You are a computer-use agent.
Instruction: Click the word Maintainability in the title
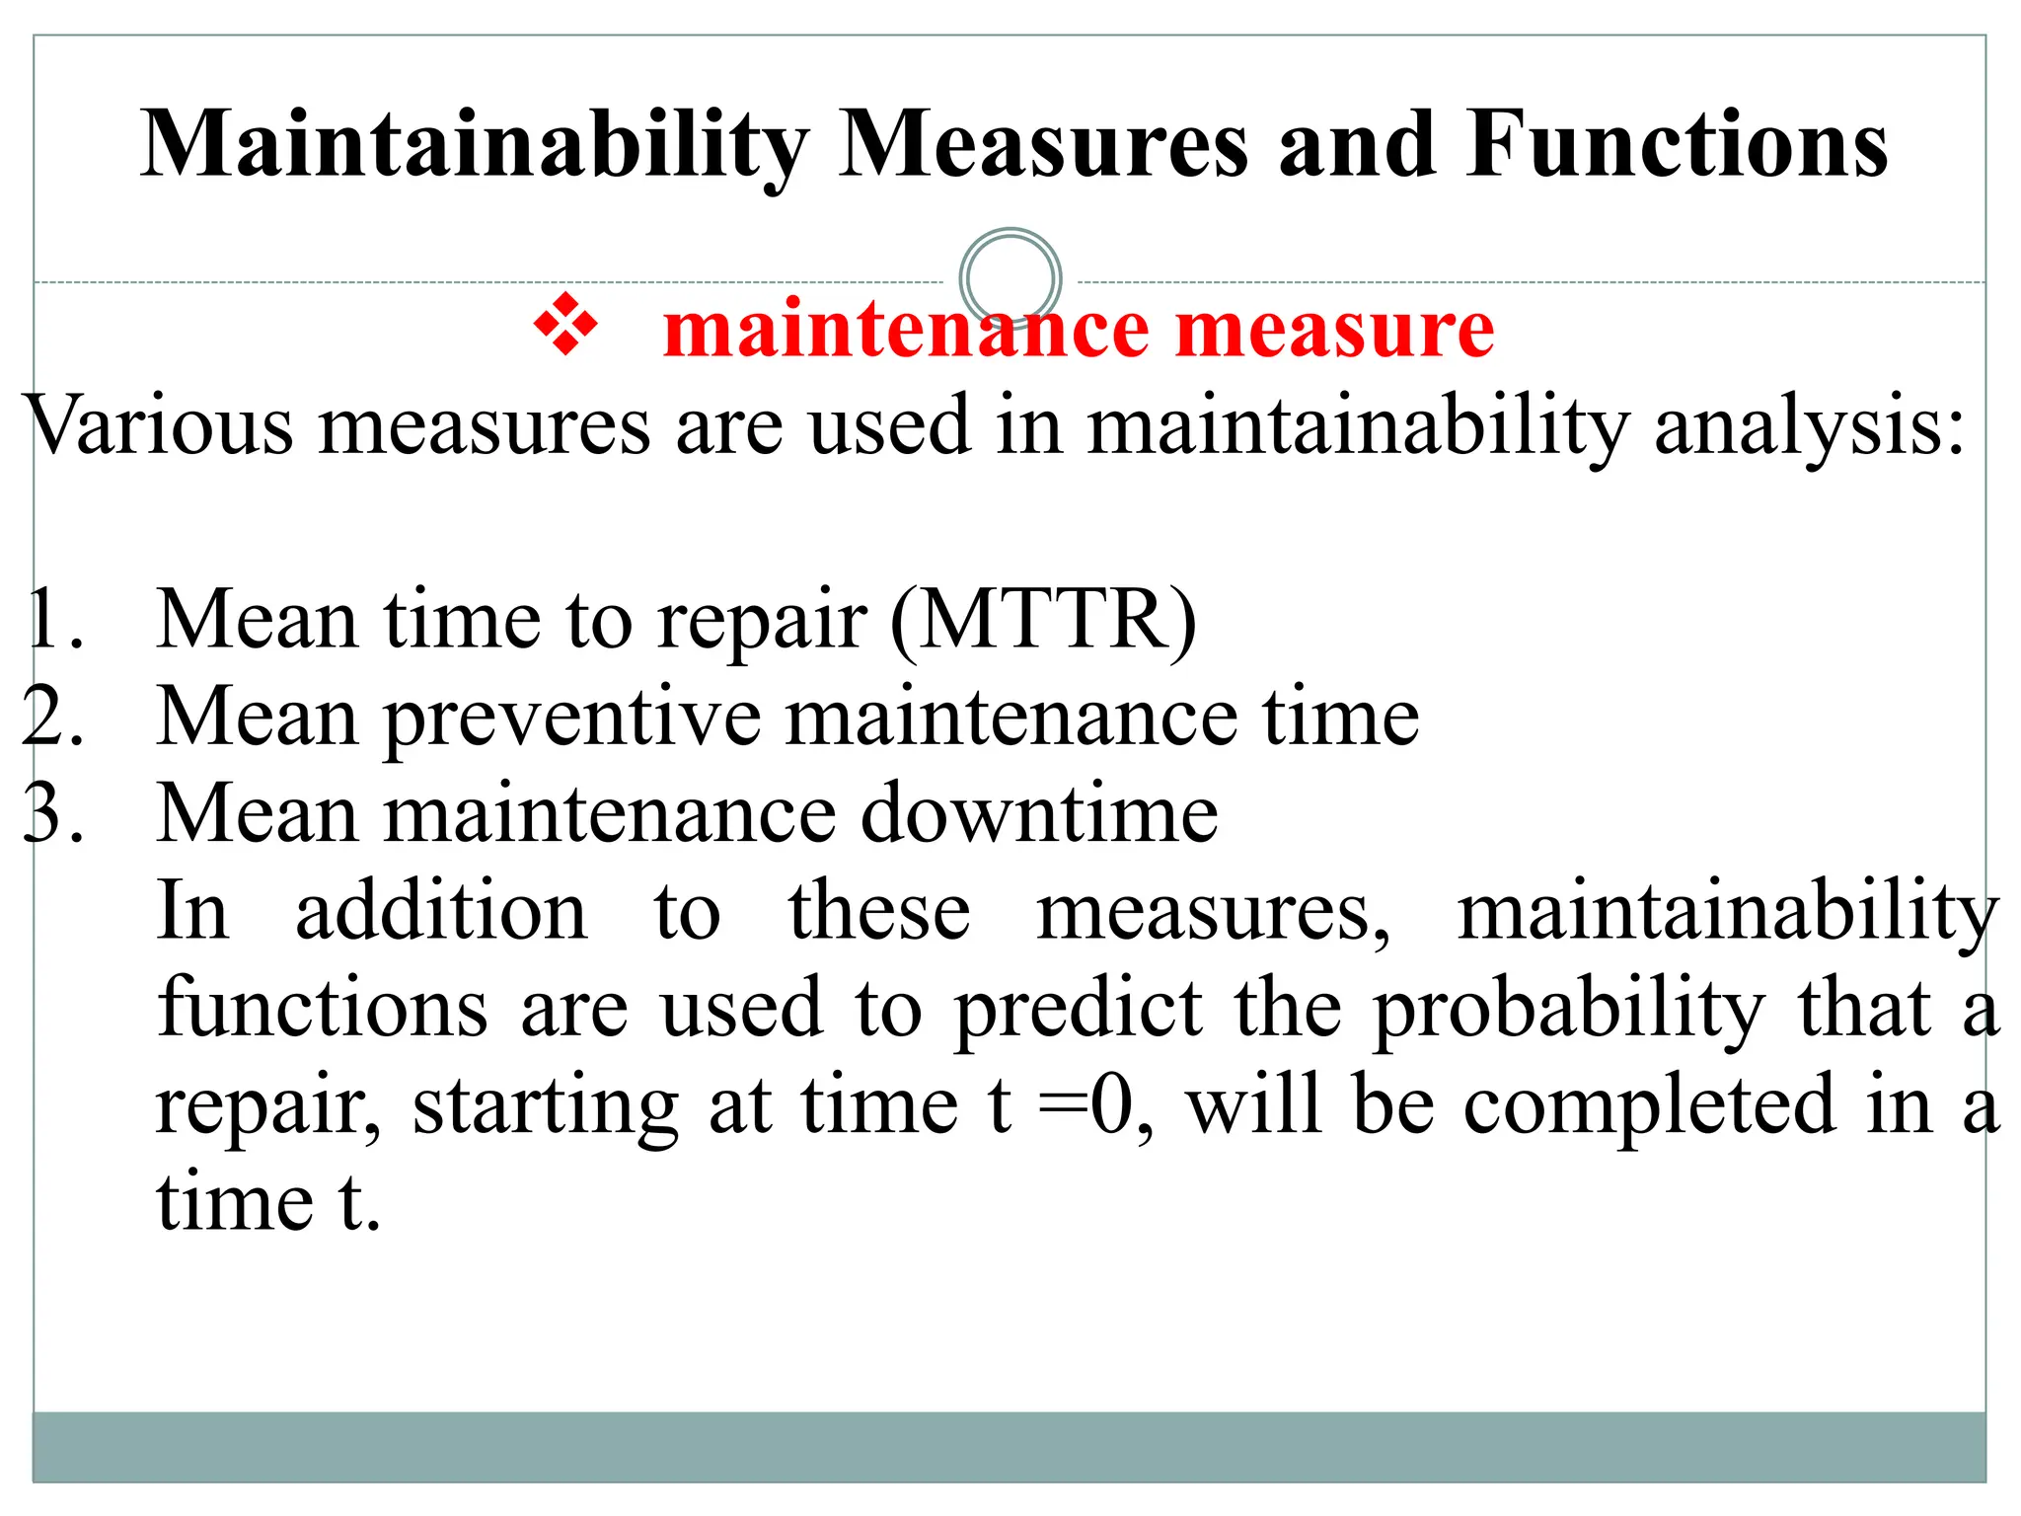pos(474,146)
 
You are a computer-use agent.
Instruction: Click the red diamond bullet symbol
pos(565,325)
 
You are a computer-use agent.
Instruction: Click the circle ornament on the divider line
pos(1010,279)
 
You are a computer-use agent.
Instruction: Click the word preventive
pos(572,719)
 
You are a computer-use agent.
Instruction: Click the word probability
pos(1569,1009)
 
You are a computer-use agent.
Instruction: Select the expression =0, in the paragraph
pos(1095,1105)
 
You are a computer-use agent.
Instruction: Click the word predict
pos(1080,1009)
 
